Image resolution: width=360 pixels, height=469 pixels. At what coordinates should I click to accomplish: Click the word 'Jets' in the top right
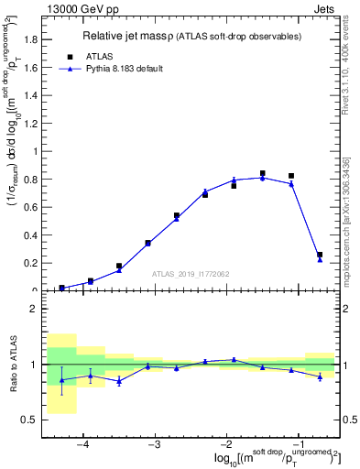click(x=323, y=8)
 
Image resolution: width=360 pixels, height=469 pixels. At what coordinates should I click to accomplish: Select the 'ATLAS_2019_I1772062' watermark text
click(x=190, y=273)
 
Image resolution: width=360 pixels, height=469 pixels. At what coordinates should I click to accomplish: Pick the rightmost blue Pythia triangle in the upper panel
click(x=320, y=259)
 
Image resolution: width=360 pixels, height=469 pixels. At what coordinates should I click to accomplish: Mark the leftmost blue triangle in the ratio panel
click(x=61, y=380)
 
